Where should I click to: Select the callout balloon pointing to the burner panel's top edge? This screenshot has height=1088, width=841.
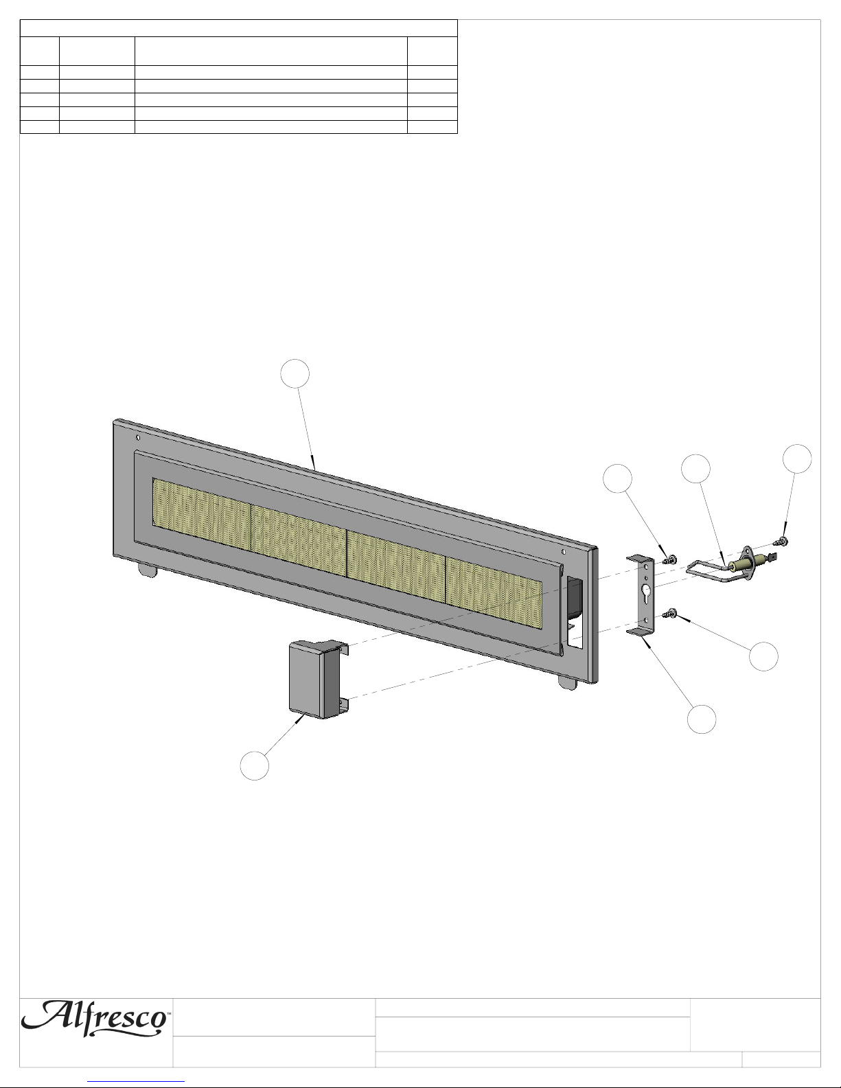(295, 373)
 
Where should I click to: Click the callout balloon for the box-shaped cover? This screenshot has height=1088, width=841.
(254, 765)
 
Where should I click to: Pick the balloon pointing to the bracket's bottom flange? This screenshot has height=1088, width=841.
(702, 719)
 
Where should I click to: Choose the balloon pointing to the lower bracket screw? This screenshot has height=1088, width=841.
(763, 656)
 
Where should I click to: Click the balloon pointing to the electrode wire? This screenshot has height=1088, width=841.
(696, 469)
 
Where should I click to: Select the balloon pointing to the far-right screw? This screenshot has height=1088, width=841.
(797, 459)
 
